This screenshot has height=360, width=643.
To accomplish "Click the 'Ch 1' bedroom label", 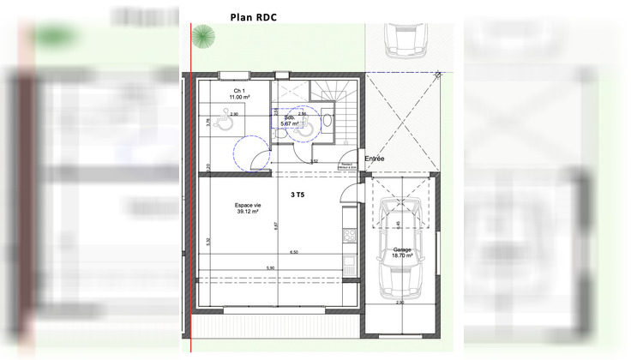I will (x=240, y=92).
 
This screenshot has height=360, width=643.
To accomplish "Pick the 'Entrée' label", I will (x=375, y=159).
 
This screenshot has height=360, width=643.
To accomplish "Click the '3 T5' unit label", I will (x=297, y=195).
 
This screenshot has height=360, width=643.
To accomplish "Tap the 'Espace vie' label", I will (x=249, y=207).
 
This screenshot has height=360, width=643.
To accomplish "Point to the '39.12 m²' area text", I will (x=249, y=213).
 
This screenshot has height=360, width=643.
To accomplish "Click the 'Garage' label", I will (x=401, y=250).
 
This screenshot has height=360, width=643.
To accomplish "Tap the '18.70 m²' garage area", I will (x=401, y=257).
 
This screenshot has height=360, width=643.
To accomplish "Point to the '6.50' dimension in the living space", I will (x=294, y=252).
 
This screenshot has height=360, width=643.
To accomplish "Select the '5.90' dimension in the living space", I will (x=270, y=268).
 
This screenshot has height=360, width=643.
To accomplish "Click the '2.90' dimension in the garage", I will (x=399, y=303).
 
